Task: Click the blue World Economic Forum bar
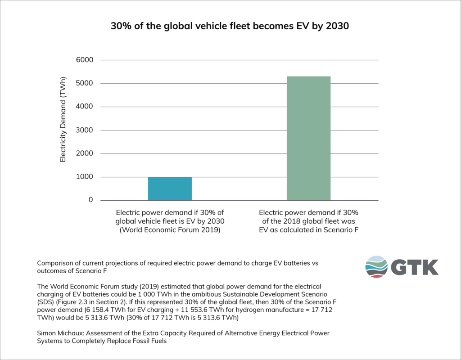(170, 189)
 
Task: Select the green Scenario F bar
(308, 138)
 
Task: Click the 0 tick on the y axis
(90, 200)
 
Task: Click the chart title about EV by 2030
(230, 26)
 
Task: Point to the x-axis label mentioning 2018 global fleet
(308, 220)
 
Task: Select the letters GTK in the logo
(414, 267)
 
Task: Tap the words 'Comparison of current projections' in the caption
(90, 263)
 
